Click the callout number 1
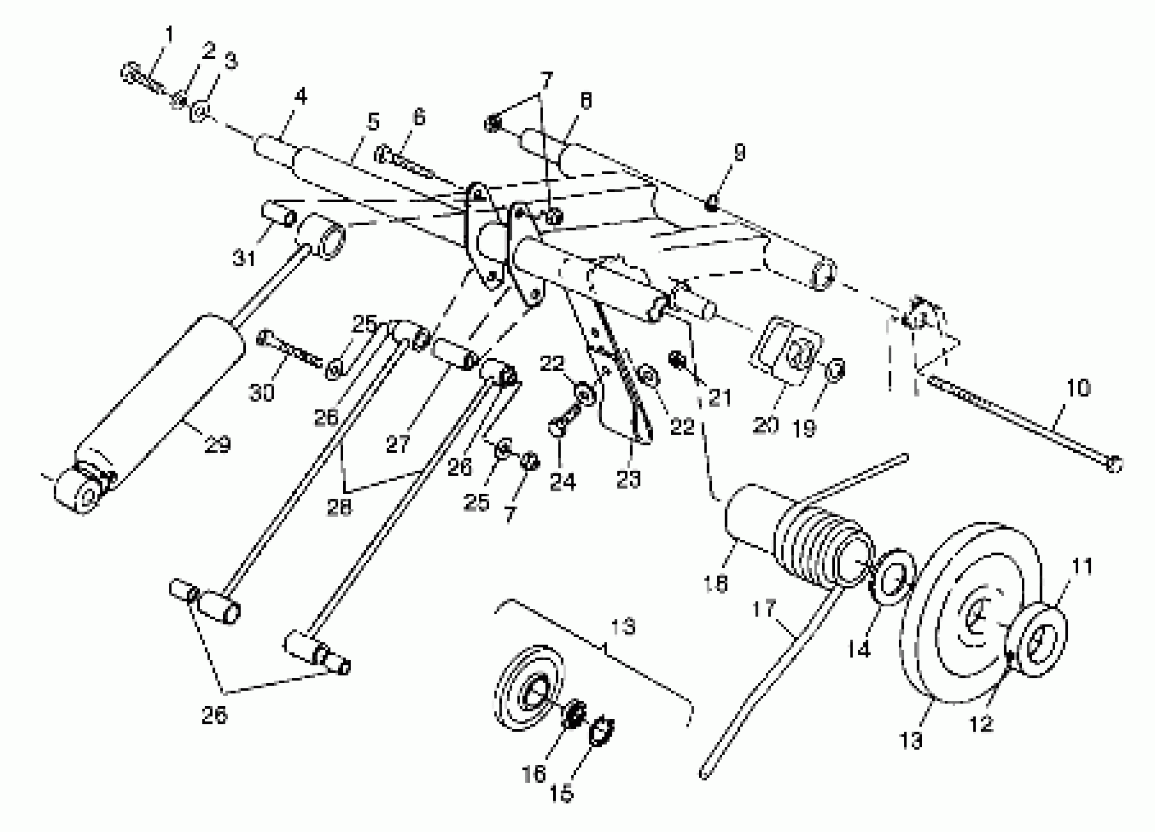pyautogui.click(x=169, y=35)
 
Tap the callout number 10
pyautogui.click(x=1078, y=388)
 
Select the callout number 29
pyautogui.click(x=217, y=444)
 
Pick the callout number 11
pyautogui.click(x=1082, y=567)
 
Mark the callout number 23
pyautogui.click(x=628, y=479)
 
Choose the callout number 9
pyautogui.click(x=739, y=152)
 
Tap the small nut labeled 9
pyautogui.click(x=711, y=205)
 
